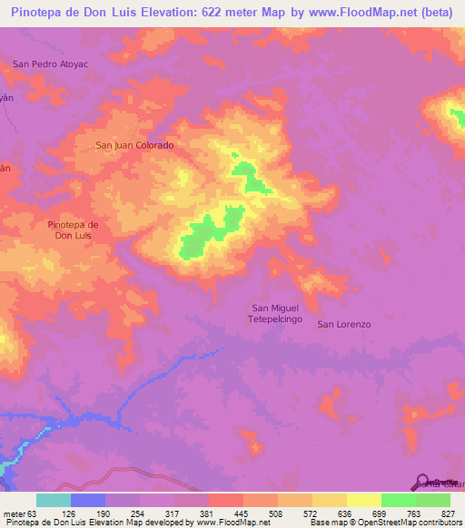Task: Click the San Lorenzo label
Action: [x=344, y=324]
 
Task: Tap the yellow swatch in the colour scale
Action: [x=363, y=500]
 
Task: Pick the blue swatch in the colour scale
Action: [x=87, y=500]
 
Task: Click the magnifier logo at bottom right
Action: [x=422, y=483]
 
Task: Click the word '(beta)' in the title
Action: [x=434, y=12]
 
